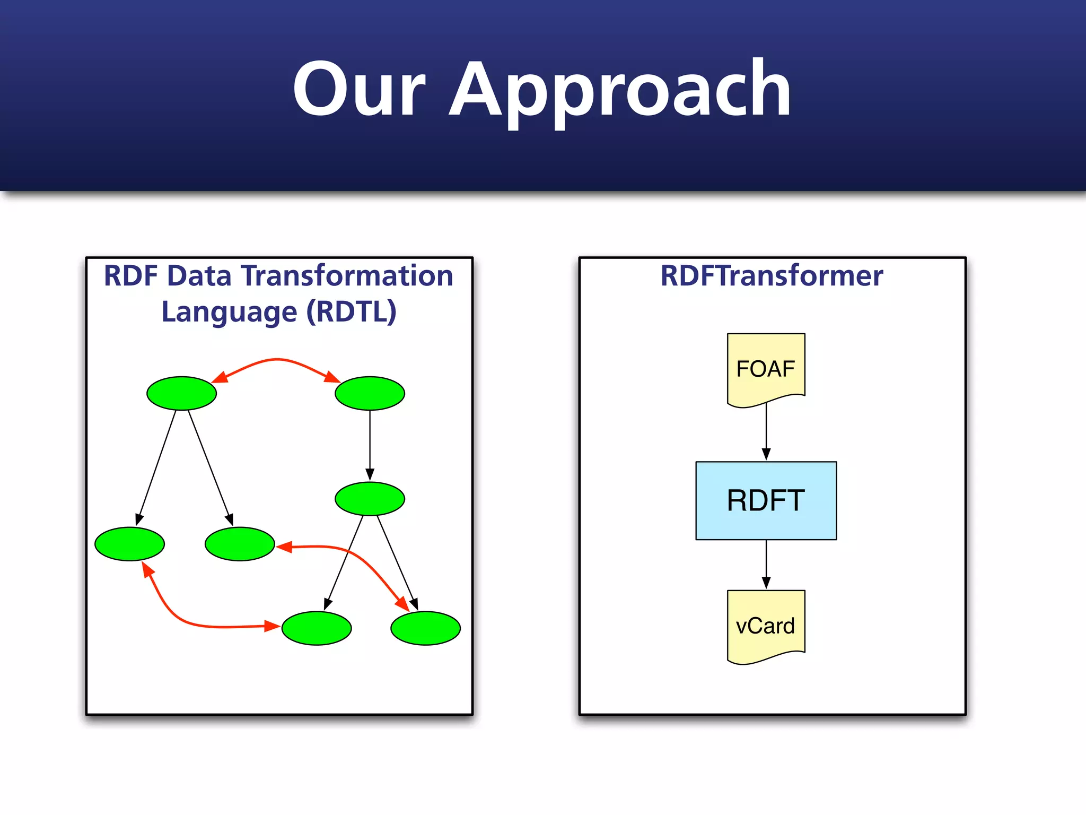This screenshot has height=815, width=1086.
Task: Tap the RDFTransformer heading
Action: pos(771,276)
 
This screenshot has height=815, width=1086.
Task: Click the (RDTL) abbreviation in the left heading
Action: pos(351,311)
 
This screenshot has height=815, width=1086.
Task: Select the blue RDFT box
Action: pos(766,500)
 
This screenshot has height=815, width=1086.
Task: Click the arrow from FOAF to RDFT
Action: pos(766,430)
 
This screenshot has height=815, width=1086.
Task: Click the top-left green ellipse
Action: pos(181,393)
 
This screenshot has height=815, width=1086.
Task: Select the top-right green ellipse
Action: pos(370,393)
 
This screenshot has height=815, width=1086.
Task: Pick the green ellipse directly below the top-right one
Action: pos(370,498)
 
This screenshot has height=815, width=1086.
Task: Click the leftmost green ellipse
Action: pos(129,544)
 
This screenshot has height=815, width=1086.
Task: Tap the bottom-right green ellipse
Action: pos(425,628)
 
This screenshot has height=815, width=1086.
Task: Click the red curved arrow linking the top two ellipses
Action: pos(276,360)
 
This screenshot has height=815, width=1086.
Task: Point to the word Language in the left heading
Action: pos(229,311)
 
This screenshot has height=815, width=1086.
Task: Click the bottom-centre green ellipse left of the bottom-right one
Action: pos(316,628)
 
